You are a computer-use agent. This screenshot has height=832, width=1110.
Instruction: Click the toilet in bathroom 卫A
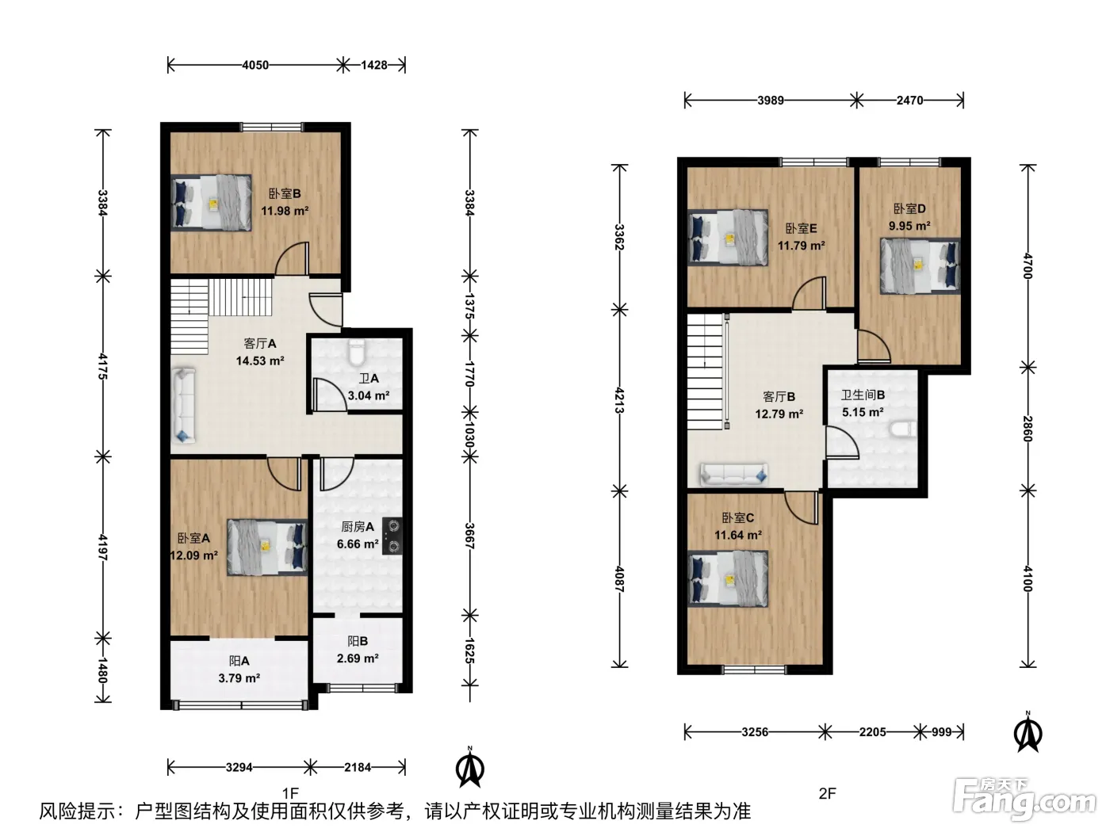pyautogui.click(x=357, y=352)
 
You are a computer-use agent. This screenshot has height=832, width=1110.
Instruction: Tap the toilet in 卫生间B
pyautogui.click(x=903, y=430)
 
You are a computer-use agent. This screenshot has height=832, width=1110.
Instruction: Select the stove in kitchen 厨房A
pyautogui.click(x=392, y=536)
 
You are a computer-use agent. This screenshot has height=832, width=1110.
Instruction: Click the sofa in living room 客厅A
pyautogui.click(x=184, y=405)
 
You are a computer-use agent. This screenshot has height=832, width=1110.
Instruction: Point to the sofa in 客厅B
pyautogui.click(x=733, y=475)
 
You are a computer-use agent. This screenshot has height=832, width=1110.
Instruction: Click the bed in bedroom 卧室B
pyautogui.click(x=211, y=203)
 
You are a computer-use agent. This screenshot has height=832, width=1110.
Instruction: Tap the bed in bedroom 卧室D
pyautogui.click(x=920, y=265)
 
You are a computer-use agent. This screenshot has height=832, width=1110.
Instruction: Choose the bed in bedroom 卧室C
pyautogui.click(x=728, y=578)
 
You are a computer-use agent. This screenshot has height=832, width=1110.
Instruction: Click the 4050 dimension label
pyautogui.click(x=255, y=65)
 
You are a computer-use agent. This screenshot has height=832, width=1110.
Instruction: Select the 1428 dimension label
pyautogui.click(x=374, y=65)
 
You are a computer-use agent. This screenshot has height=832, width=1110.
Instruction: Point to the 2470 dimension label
pyautogui.click(x=909, y=101)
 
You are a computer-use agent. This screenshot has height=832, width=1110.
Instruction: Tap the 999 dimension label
pyautogui.click(x=942, y=732)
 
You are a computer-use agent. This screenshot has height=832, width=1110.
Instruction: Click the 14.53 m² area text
pyautogui.click(x=260, y=361)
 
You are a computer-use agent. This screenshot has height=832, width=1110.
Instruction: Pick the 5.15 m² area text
pyautogui.click(x=863, y=412)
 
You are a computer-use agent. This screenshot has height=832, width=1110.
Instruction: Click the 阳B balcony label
pyautogui.click(x=358, y=641)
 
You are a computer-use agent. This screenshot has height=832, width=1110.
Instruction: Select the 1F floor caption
pyautogui.click(x=290, y=793)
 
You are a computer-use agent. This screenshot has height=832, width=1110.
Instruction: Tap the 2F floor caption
pyautogui.click(x=827, y=794)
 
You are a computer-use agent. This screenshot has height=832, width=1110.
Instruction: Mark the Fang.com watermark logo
pyautogui.click(x=1024, y=800)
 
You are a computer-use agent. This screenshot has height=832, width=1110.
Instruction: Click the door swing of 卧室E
pyautogui.click(x=810, y=293)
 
